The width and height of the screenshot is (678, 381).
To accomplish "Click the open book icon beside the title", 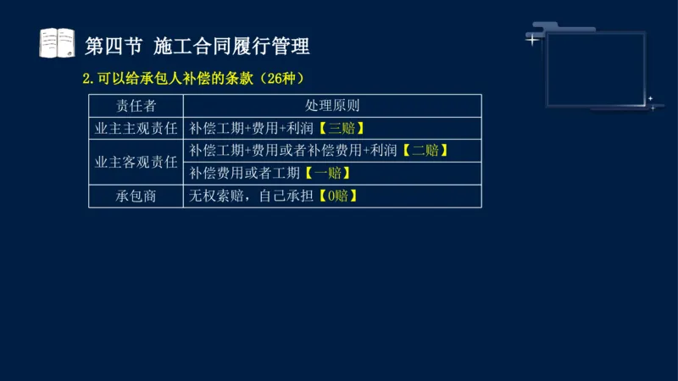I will (x=58, y=43).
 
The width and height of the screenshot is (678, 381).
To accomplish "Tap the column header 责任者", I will (x=136, y=106).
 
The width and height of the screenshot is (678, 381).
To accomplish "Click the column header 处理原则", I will (x=331, y=106).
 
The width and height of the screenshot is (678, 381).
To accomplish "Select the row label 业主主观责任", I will (x=136, y=129).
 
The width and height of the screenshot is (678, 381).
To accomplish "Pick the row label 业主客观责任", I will (x=136, y=162).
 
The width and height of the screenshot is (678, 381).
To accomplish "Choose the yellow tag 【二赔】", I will (x=425, y=151).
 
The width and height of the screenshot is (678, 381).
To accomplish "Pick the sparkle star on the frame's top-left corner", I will (x=532, y=39).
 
